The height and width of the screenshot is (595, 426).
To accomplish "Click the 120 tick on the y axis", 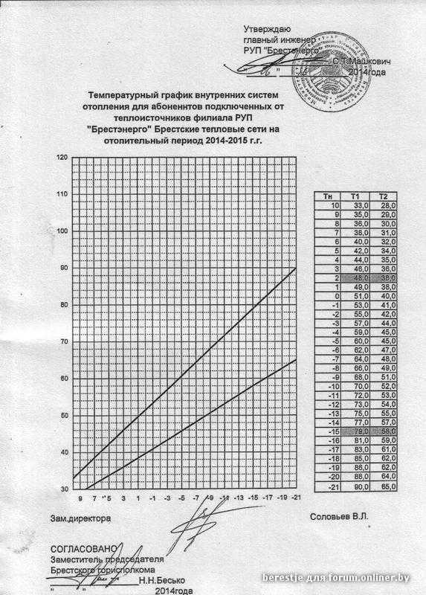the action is [62, 157].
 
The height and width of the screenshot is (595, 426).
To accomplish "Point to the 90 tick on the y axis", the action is [64, 268].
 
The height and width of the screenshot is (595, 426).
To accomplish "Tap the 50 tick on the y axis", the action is [64, 415].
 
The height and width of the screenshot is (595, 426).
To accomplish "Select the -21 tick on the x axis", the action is [295, 498].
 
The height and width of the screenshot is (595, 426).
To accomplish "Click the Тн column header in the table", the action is [328, 196].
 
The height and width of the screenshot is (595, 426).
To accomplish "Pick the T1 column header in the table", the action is [361, 196].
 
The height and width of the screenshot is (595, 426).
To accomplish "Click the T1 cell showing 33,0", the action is [361, 205].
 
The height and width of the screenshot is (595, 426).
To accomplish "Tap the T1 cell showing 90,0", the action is [361, 486].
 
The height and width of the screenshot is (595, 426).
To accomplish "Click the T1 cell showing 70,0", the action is [361, 387].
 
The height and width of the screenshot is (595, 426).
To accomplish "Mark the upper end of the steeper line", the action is [296, 268].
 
